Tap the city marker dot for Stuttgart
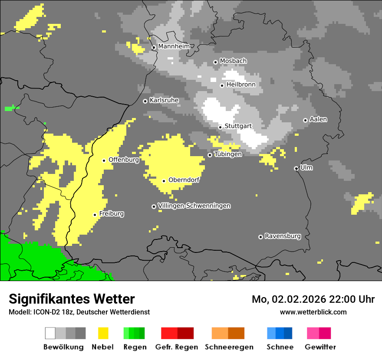[220, 127]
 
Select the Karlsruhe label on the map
[164, 100]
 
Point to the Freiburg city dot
[95, 215]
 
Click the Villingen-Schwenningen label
[194, 206]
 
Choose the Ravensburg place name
[283, 236]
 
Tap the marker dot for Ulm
[296, 168]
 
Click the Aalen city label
[318, 119]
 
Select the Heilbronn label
[241, 85]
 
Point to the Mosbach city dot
[215, 62]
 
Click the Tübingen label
[228, 154]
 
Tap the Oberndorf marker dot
[164, 181]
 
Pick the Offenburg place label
[124, 160]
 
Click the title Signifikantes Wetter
[72, 299]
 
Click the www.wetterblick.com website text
[313, 312]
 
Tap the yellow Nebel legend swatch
[103, 333]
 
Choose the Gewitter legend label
[320, 347]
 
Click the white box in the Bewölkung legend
[50, 333]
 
